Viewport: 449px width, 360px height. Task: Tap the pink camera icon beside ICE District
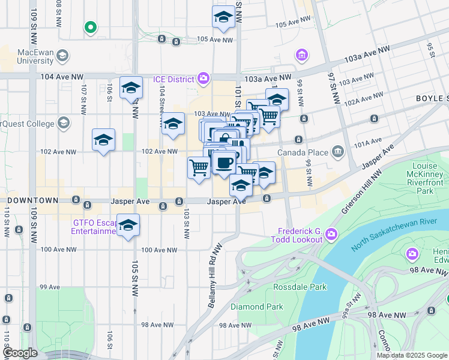coord(203,79)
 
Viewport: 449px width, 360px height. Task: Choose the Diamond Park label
coord(256,307)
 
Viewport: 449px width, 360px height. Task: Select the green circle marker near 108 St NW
coord(90,27)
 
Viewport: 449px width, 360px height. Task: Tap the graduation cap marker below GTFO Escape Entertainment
coord(128,226)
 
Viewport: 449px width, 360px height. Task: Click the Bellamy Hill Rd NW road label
coord(216,276)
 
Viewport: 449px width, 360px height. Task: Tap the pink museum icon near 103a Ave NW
coord(301,56)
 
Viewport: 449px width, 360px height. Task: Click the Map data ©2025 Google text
coord(412,355)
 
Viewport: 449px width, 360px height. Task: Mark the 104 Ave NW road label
coord(62,77)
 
